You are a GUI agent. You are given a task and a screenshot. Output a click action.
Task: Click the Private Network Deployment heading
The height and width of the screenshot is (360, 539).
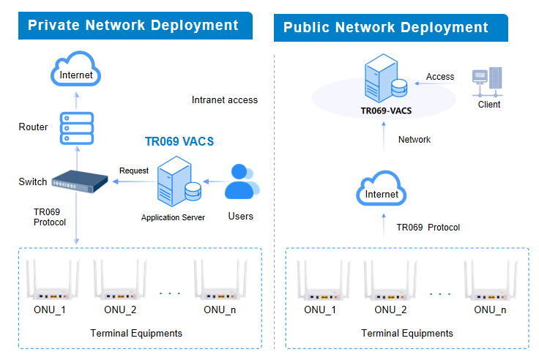[x=133, y=26]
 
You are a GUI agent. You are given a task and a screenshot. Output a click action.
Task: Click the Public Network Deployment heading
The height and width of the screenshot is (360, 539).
[x=386, y=28]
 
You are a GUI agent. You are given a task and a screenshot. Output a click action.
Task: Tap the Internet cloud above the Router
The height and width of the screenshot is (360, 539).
[x=76, y=71]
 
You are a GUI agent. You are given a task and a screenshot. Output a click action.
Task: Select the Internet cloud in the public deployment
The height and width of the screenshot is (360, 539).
[x=382, y=192]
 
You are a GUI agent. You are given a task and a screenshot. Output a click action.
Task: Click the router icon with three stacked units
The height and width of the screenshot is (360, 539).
[x=76, y=127]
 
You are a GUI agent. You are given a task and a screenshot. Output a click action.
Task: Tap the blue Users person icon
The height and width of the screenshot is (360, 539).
[x=240, y=182]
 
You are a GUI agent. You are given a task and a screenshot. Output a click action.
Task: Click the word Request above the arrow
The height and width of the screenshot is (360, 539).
[x=134, y=170]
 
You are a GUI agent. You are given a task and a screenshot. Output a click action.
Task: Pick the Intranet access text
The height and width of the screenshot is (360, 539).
[x=225, y=100]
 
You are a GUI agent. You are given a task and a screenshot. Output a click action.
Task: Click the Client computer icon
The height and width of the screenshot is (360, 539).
[x=487, y=83]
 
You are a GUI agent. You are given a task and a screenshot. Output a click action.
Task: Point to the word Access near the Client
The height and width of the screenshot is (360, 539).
[x=440, y=77]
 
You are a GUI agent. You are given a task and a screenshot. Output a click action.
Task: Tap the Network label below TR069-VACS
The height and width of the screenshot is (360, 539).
[x=415, y=139]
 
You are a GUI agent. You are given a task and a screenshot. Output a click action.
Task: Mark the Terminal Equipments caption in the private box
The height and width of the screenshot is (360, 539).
[x=136, y=333]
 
